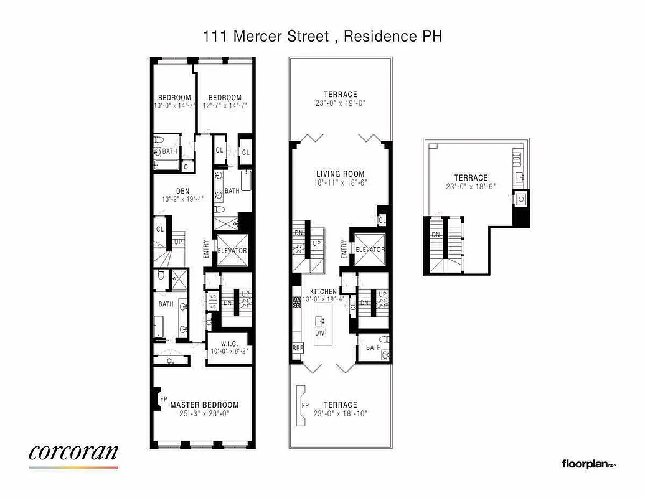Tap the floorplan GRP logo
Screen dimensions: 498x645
pyautogui.click(x=588, y=464)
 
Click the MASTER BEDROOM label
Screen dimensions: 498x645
pyautogui.click(x=204, y=405)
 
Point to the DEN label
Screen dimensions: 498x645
pyautogui.click(x=182, y=191)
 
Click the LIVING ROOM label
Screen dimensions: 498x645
pyautogui.click(x=340, y=174)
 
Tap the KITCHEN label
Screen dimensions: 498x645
pyautogui.click(x=324, y=292)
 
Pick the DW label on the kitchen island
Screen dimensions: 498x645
pyautogui.click(x=320, y=333)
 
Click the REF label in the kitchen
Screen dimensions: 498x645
pyautogui.click(x=297, y=349)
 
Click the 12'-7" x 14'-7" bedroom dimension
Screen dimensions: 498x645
pyautogui.click(x=225, y=106)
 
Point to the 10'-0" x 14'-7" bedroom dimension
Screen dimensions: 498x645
pyautogui.click(x=174, y=106)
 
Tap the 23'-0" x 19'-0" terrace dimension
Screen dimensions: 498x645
pyautogui.click(x=340, y=103)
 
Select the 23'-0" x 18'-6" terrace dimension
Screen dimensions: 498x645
pyautogui.click(x=471, y=186)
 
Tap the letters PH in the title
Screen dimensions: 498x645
pyautogui.click(x=432, y=36)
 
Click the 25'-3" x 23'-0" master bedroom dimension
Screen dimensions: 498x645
pyautogui.click(x=204, y=413)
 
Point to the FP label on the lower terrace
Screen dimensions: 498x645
pyautogui.click(x=305, y=405)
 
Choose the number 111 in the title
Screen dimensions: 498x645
pyautogui.click(x=215, y=36)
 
